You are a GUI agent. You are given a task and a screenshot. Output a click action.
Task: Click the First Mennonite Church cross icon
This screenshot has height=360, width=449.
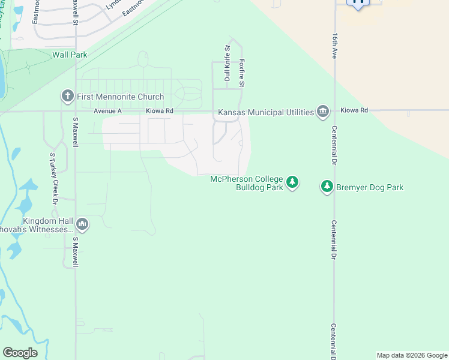(x=67, y=96)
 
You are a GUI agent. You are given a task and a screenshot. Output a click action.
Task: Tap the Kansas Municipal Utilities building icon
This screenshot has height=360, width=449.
(x=323, y=112)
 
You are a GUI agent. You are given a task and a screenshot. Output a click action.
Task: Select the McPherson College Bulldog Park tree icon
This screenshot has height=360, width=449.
(x=292, y=182)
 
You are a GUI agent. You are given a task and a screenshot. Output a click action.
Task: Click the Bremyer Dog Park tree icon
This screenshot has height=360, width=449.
(x=327, y=187)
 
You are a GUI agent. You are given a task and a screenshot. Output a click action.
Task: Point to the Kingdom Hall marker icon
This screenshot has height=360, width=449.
(x=82, y=224)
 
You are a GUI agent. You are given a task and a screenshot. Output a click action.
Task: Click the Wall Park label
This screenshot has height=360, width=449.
(x=70, y=55)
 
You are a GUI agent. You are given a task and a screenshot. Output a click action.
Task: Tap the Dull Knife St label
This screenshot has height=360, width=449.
(x=228, y=62)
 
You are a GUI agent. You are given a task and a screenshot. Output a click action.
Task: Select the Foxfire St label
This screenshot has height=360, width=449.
(x=242, y=73)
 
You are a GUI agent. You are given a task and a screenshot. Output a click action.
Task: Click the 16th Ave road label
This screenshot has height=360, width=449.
(x=334, y=45)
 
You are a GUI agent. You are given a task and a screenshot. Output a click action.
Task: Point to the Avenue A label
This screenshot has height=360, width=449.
(x=108, y=111)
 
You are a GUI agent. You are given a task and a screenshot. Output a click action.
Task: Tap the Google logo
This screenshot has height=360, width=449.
(x=20, y=352)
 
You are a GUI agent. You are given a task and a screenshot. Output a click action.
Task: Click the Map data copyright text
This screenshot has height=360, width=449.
(x=411, y=355)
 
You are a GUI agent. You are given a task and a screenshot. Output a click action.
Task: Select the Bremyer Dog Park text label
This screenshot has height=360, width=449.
(x=370, y=187)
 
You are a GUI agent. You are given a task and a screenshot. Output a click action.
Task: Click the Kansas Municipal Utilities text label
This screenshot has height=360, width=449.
(x=266, y=112)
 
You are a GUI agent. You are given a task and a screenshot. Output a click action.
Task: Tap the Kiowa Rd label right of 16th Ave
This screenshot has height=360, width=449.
(x=354, y=110)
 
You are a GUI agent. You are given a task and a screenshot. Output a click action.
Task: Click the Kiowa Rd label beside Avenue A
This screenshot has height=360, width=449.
(x=159, y=111)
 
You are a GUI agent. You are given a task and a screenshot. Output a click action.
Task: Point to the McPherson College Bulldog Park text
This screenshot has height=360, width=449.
(x=246, y=183)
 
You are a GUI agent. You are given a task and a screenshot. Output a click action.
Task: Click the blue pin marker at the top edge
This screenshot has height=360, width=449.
(x=359, y=3)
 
